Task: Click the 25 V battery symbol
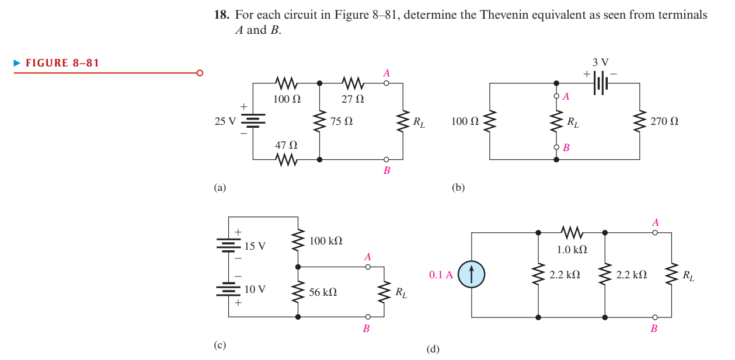coord(253,121)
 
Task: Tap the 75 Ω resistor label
coord(341,122)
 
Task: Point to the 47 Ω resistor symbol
coord(287,159)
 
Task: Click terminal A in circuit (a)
coord(386,83)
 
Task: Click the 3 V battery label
coord(600,62)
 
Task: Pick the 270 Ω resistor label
coord(666,122)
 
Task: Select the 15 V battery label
coord(255,246)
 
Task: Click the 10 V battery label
coord(255,288)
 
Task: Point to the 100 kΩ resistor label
coord(326,241)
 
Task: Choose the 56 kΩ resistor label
coord(323,292)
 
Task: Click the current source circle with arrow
coord(472,275)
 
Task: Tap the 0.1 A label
coord(441,275)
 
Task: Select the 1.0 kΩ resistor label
coord(572,250)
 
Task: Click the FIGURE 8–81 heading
coord(62,62)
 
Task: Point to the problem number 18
coord(221,15)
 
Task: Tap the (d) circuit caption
coord(433,349)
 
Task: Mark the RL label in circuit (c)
coord(401,292)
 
